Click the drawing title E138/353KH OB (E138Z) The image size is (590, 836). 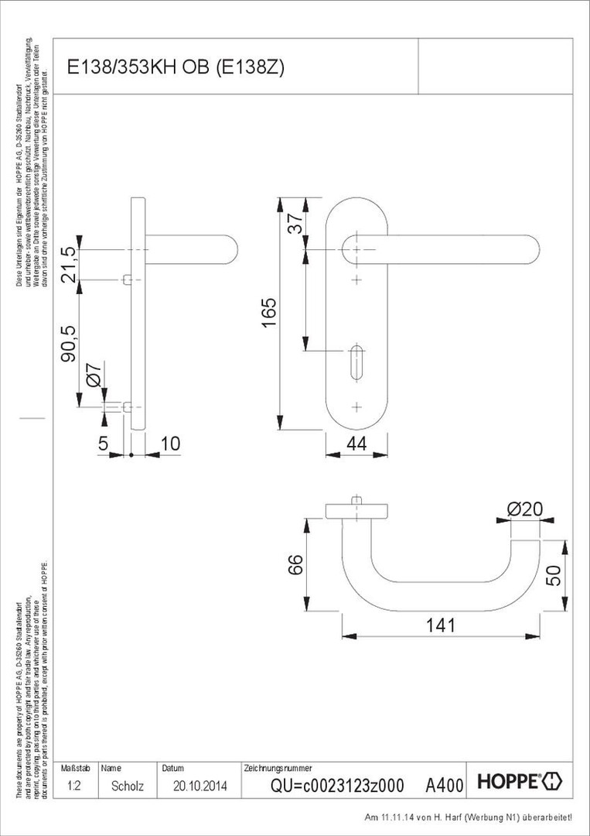pos(176,67)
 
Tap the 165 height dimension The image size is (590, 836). pos(268,313)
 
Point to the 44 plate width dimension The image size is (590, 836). pos(356,444)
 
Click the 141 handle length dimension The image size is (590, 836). pos(441,625)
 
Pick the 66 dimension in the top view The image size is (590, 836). pos(295,567)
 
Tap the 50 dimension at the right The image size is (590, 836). pos(552,575)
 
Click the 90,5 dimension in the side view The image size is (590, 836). pos(69,341)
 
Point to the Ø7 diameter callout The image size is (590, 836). pos(92,376)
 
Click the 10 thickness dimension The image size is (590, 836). pos(169,444)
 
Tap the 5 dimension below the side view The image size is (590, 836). pos(104,444)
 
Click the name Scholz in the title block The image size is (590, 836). pos(128,785)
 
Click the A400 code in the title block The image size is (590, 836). pos(445,786)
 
